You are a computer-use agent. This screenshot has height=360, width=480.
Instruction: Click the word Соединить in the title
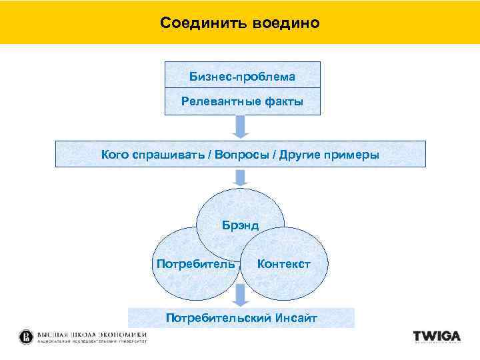(x=203, y=23)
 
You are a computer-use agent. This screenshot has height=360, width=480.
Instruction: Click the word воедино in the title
(x=286, y=23)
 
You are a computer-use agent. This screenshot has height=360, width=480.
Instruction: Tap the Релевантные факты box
(x=242, y=101)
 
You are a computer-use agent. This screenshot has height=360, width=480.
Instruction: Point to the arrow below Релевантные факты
(x=241, y=126)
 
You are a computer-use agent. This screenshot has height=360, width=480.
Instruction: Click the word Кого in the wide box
(x=115, y=155)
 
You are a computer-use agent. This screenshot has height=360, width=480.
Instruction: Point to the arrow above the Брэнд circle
(x=241, y=176)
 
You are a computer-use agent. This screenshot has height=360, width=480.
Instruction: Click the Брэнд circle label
(x=240, y=225)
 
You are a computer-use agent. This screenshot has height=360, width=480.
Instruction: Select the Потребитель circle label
(x=195, y=264)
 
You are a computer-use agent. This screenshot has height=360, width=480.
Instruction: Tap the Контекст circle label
(x=283, y=264)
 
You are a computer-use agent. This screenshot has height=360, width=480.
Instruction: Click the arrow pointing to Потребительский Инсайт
(x=240, y=293)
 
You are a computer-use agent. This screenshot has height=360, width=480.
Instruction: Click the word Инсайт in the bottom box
(x=295, y=318)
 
